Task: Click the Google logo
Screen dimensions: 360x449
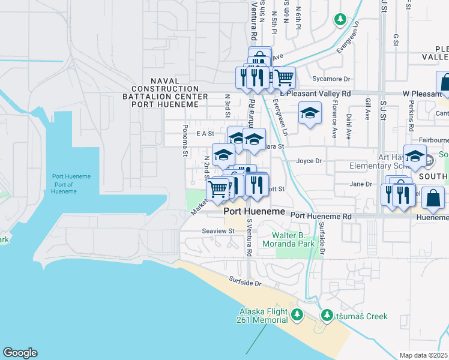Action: coord(20,353)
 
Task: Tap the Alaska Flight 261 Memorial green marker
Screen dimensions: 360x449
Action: coord(297,314)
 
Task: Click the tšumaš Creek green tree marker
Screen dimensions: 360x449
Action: coord(327,315)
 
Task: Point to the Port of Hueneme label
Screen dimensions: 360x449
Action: coord(71,184)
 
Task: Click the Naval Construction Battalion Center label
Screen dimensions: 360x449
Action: coord(166,92)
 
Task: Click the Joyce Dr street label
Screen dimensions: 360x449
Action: coord(309,161)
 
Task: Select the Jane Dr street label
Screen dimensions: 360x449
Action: coord(360,184)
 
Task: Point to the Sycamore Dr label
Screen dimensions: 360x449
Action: coord(331,79)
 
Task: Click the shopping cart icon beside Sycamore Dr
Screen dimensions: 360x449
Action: coord(284,77)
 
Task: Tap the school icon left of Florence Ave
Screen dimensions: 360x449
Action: coord(309,113)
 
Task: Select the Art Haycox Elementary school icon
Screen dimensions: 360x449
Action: coord(415,156)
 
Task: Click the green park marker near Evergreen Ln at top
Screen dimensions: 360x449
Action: coord(340,20)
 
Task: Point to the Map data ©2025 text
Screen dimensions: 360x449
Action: coord(424,355)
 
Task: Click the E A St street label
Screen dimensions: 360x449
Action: coord(205,134)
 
